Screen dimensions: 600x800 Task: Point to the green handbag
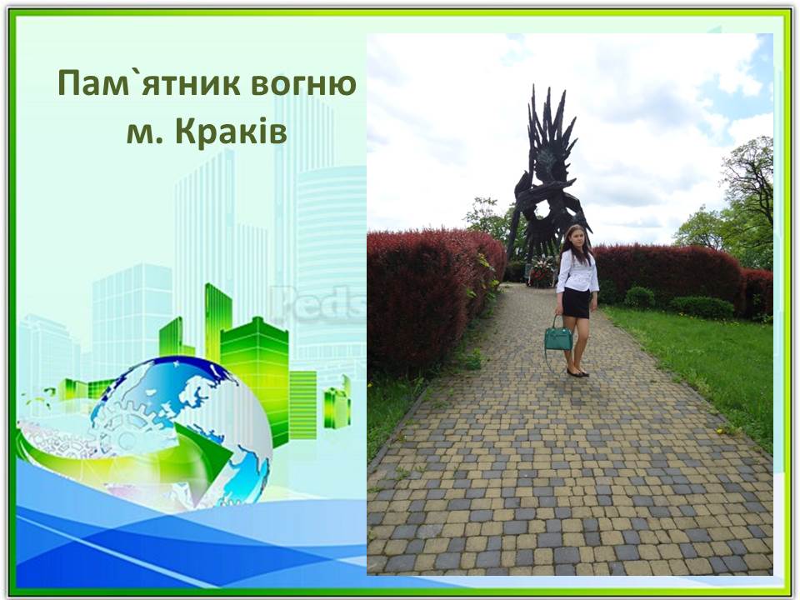(x=558, y=337)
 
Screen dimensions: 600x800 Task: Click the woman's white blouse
(x=577, y=272)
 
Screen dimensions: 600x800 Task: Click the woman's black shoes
(x=576, y=372)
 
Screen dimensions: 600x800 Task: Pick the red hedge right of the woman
(x=667, y=275)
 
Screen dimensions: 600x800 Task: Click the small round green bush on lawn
(x=639, y=297)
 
